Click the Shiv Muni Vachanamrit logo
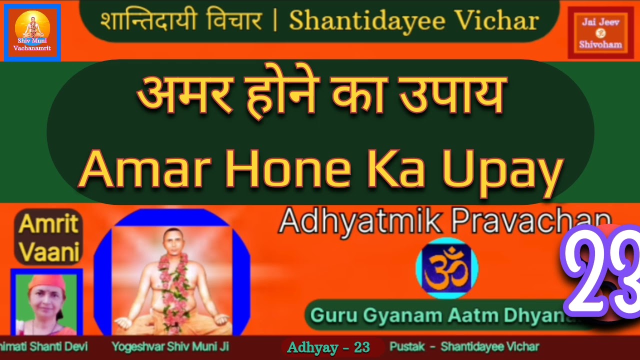point(32,32)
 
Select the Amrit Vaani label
point(48,237)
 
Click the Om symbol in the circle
point(446,268)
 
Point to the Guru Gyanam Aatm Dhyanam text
point(440,315)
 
